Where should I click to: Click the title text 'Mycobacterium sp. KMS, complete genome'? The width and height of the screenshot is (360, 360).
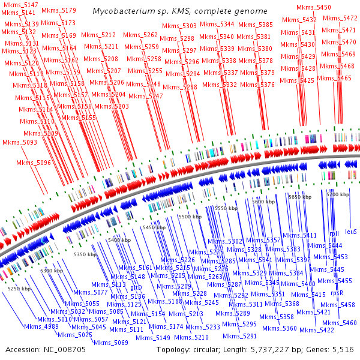coord(180,11)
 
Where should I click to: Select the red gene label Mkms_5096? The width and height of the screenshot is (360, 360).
coord(34,163)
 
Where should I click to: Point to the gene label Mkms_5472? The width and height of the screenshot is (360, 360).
coord(340,19)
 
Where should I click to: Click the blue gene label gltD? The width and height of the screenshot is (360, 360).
coord(136,287)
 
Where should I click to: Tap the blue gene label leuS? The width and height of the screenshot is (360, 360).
coord(351,231)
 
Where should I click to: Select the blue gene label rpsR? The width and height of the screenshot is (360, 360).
coord(337,293)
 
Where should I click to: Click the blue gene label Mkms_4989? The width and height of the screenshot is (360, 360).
coord(41,327)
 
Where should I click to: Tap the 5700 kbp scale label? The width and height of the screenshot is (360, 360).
coord(337,195)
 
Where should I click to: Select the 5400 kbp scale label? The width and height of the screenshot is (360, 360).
coord(119,240)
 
